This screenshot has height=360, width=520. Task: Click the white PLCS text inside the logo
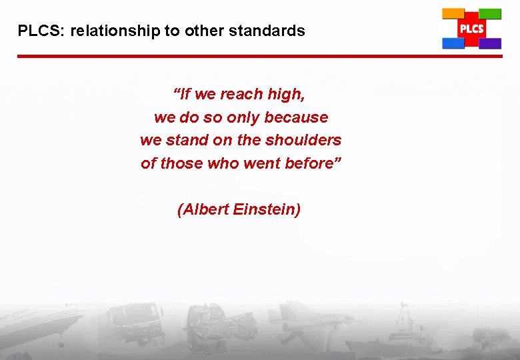click(x=471, y=29)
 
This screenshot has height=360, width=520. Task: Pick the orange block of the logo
click(x=453, y=13)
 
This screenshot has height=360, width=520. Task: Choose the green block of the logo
click(x=490, y=13)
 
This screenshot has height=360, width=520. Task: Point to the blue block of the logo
click(x=453, y=43)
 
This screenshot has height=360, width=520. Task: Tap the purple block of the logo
click(x=490, y=43)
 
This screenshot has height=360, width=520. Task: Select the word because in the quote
click(x=296, y=117)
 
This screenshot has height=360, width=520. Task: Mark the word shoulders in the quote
click(x=303, y=140)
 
